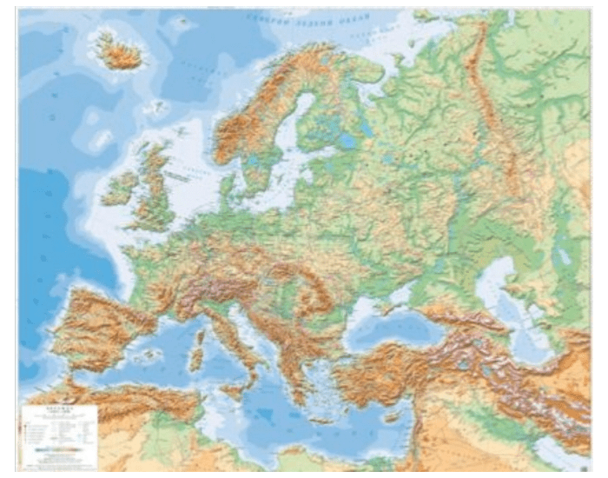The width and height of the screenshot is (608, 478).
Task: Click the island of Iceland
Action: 119,52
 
